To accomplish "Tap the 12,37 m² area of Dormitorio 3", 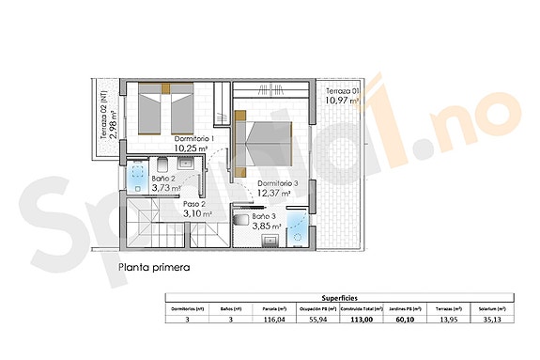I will (x=274, y=195).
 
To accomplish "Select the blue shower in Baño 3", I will (x=298, y=224).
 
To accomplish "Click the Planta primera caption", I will (x=154, y=267).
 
